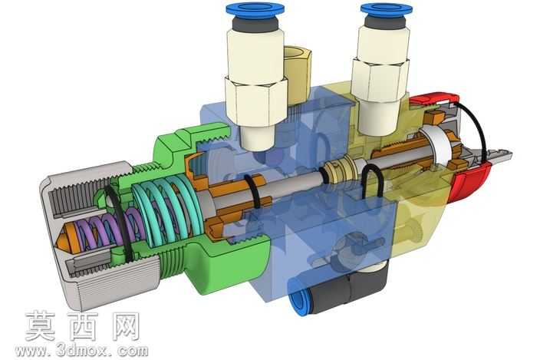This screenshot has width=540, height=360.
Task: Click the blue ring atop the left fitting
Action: click(255, 10)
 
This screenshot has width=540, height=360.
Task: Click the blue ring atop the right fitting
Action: click(387, 10)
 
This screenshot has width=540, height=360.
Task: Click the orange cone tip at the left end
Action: click(64, 239)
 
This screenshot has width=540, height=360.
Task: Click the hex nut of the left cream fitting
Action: click(256, 100)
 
